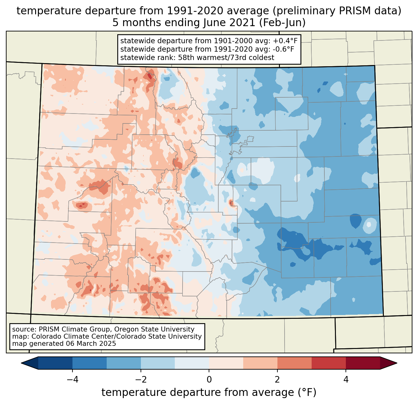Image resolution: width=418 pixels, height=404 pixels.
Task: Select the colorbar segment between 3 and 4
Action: pyautogui.click(x=329, y=363)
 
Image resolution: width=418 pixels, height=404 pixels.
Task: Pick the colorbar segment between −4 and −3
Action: pyautogui.click(x=90, y=363)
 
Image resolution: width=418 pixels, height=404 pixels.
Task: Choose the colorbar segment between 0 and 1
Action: pyautogui.click(x=226, y=363)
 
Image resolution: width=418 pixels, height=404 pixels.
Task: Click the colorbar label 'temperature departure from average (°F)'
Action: pyautogui.click(x=209, y=392)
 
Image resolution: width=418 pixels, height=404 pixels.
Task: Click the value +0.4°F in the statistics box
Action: pyautogui.click(x=285, y=41)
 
